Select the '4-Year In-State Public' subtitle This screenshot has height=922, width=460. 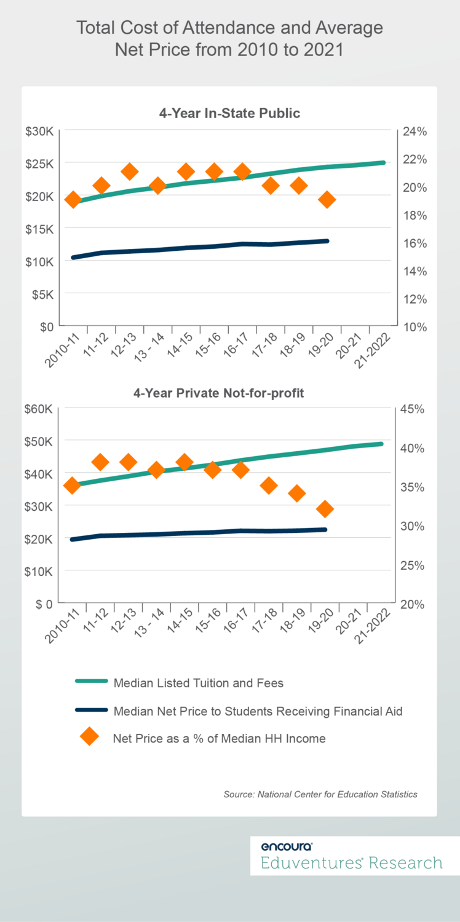pos(229,113)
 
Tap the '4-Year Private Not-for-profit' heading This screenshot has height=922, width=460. pos(229,393)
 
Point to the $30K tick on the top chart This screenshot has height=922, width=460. pos(40,132)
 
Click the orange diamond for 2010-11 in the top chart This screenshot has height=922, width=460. pos(73,200)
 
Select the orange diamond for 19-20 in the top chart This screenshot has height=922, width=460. pos(327,200)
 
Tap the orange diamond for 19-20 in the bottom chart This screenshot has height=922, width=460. pos(325,509)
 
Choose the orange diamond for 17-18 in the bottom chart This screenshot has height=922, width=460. pos(269,486)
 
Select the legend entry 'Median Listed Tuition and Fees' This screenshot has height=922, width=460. pos(198,682)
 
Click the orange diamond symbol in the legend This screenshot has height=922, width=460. pos(89,737)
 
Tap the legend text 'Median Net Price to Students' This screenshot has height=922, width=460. pos(258,711)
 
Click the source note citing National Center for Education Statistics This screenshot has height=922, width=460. pos(320,794)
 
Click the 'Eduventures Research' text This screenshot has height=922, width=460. pos(351,862)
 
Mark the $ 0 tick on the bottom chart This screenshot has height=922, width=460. pos(43,604)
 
